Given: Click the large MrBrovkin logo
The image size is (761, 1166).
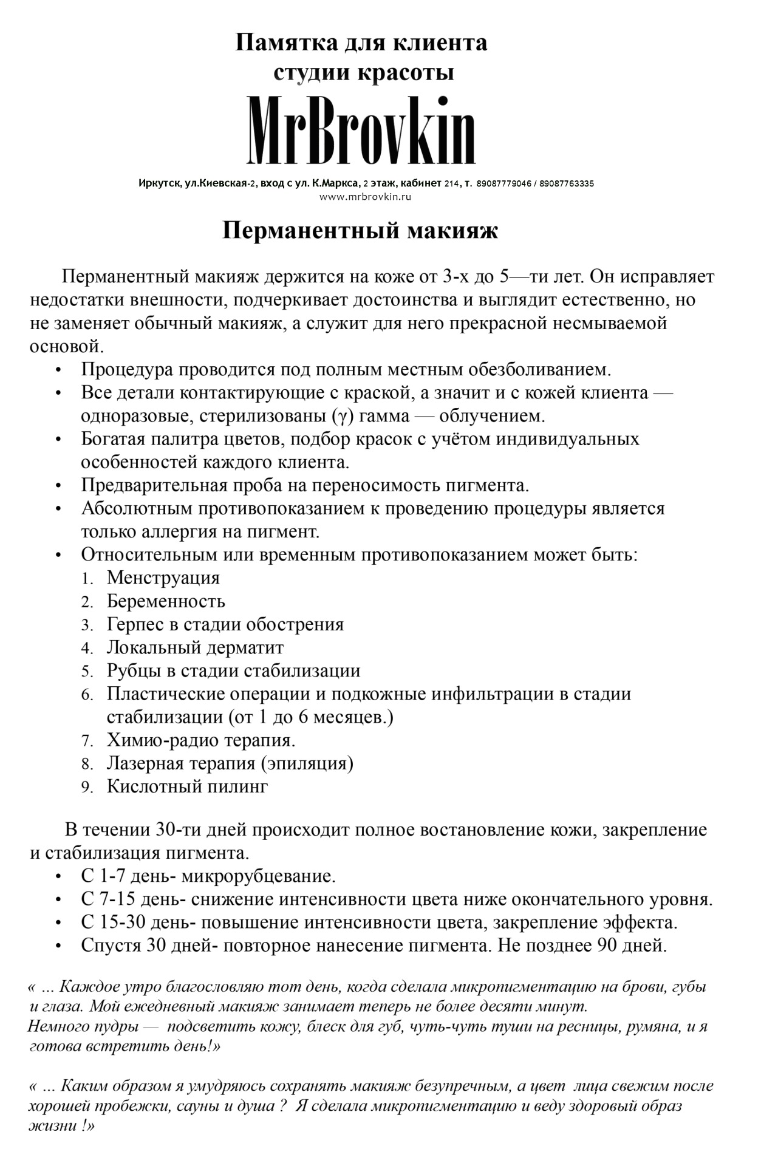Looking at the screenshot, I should coord(362,131).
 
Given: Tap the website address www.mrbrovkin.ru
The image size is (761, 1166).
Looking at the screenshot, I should coord(366,197).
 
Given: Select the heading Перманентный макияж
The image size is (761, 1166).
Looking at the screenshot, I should coord(360,231).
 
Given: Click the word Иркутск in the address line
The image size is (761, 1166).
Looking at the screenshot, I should coord(158,183).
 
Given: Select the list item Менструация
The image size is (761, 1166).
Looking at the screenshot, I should coord(163,578).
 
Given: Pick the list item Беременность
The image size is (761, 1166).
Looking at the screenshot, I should coord(166,601).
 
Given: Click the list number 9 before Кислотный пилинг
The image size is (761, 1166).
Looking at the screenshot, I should coord(87,788).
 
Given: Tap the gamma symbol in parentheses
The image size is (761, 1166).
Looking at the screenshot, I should coord(338,417).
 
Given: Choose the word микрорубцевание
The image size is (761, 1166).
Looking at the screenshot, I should coord(258,877).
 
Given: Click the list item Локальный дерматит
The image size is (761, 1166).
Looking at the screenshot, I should coord(195,648).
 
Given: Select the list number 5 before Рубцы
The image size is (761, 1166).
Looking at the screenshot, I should coord(87,672).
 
